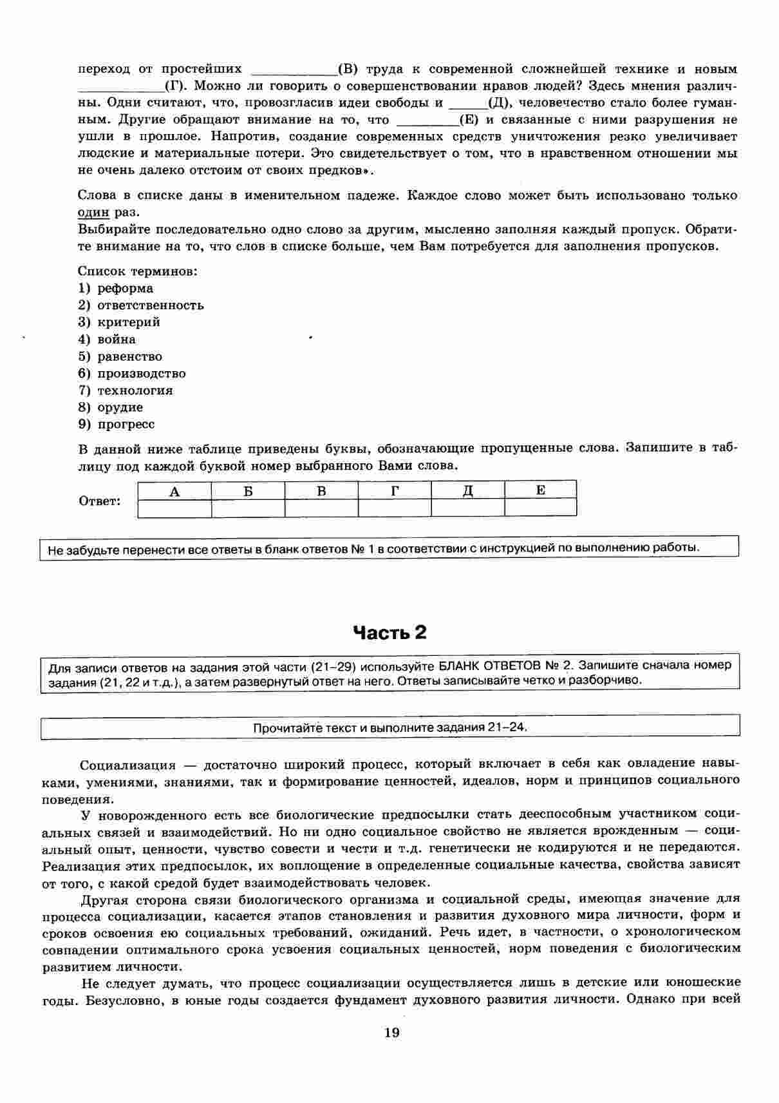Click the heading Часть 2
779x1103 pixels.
389,633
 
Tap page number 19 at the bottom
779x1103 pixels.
391,1033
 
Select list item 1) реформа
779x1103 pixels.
116,288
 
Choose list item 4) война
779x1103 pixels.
107,339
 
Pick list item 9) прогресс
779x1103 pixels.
117,424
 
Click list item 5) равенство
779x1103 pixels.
120,356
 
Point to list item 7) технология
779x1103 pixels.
126,390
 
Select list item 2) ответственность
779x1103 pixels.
141,305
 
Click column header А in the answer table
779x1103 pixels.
174,491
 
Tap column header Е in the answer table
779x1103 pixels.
541,490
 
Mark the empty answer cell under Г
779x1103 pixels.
395,508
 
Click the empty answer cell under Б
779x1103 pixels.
248,508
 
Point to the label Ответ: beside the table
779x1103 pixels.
100,501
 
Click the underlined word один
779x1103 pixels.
93,212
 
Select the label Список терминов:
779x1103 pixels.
138,271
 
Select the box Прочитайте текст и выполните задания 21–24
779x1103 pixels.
390,727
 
